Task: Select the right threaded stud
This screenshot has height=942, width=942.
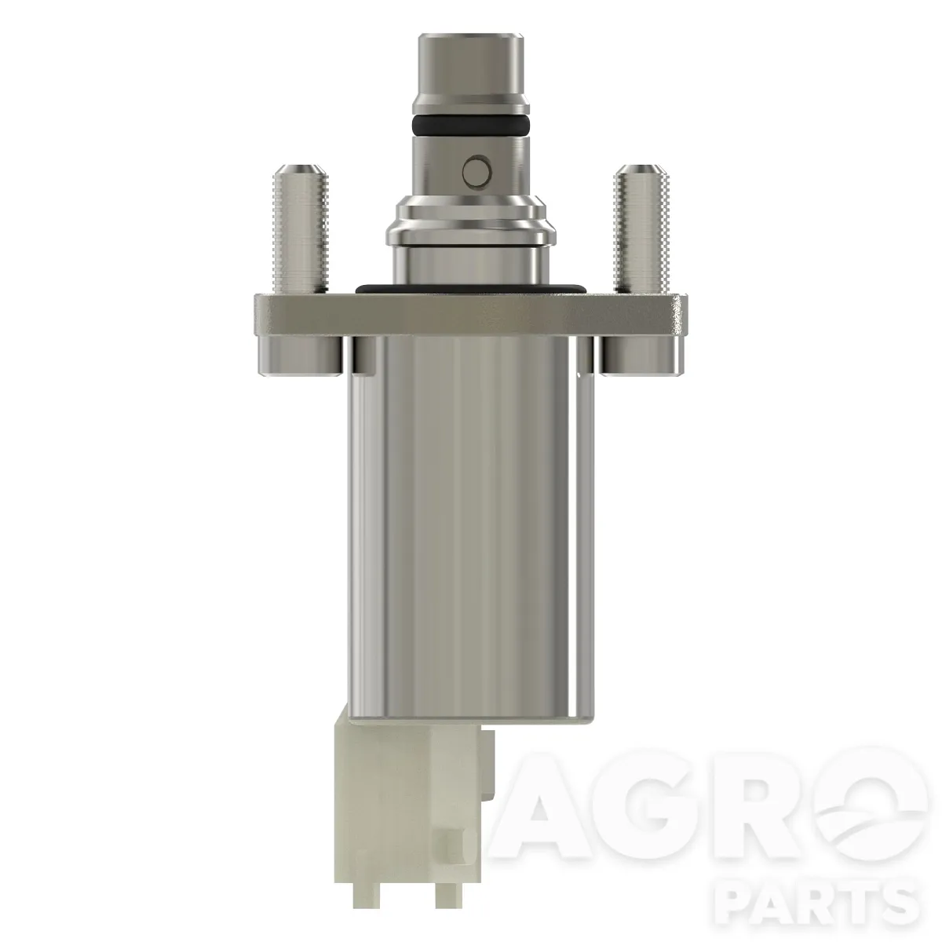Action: pos(641,228)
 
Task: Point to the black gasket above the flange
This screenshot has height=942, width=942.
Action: pos(470,288)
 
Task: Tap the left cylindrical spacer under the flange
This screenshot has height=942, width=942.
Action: pos(299,358)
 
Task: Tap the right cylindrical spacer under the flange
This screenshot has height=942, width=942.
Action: pos(641,358)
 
